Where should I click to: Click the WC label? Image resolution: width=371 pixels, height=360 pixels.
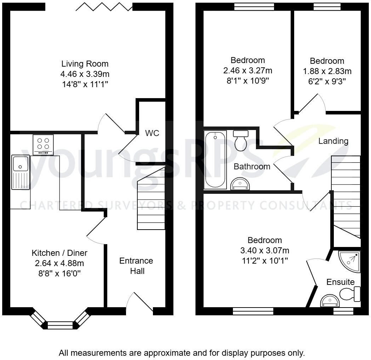point(152,133)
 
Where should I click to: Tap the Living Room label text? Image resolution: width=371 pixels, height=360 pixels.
point(85,64)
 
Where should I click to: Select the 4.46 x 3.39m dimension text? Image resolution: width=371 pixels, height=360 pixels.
point(85,74)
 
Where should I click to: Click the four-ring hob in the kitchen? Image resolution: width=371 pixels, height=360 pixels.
point(43,144)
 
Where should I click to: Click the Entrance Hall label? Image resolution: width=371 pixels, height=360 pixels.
point(136,266)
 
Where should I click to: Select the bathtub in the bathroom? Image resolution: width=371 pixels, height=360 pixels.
point(215,160)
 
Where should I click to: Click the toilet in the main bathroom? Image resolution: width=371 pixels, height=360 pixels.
point(241,141)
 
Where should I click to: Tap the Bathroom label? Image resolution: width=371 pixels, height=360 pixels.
point(252,166)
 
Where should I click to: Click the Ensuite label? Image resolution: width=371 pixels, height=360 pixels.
point(340,282)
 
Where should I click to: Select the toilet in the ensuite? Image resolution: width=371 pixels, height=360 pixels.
point(349,294)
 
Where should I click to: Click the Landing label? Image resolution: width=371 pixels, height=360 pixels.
point(333,141)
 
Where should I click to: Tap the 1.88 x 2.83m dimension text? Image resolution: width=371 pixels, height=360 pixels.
point(327,71)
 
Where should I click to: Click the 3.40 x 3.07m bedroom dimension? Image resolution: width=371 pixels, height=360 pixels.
point(264,251)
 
